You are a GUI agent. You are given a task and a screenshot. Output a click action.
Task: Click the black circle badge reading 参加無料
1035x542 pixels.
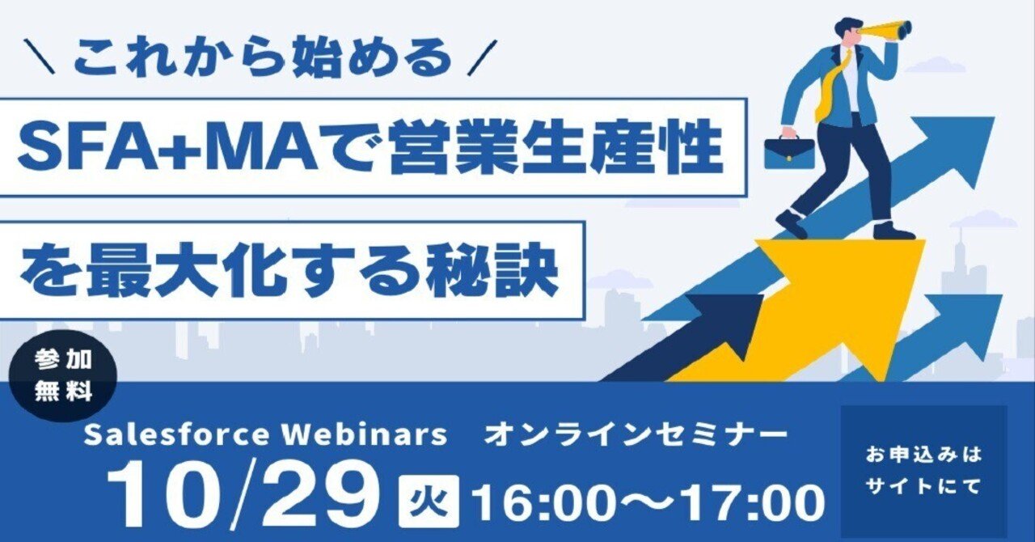click(x=65, y=377)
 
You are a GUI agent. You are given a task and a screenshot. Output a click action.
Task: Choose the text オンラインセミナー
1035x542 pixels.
click(x=635, y=435)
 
